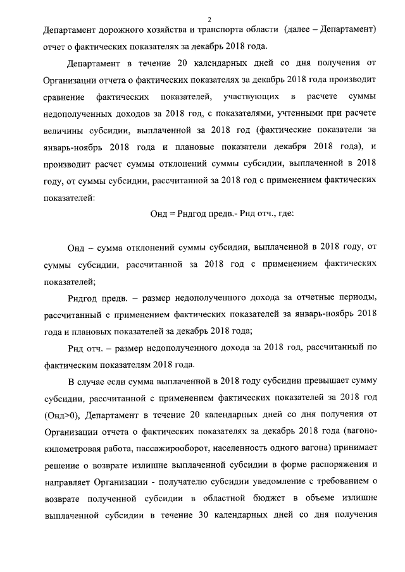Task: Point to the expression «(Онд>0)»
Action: [x=61, y=414]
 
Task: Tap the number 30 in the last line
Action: [x=206, y=513]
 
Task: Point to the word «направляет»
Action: [x=68, y=480]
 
